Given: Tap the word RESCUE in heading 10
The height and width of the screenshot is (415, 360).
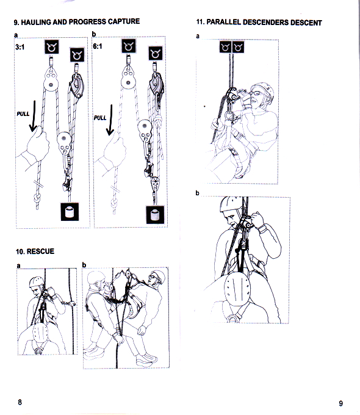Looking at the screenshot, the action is [x=40, y=251].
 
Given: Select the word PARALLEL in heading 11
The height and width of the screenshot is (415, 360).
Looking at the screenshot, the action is [x=224, y=22].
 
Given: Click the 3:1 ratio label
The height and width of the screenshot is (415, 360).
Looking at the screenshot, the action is [x=20, y=47].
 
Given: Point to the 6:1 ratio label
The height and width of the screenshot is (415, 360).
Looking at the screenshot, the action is [x=98, y=46].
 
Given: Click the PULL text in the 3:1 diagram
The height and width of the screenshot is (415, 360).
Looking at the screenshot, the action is [x=23, y=114].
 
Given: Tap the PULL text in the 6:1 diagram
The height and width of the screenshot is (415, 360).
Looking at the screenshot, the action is [x=100, y=118].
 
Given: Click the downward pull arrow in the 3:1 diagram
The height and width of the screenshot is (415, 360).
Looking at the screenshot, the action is [x=34, y=116].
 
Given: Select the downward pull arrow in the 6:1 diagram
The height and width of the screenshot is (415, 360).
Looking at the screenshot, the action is [x=110, y=120].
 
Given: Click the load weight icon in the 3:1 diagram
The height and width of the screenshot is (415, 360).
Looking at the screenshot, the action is [x=70, y=212].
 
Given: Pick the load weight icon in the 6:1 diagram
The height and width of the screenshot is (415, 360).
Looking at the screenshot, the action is [x=155, y=215].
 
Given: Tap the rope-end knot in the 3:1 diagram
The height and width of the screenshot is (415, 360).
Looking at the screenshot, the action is [x=37, y=198].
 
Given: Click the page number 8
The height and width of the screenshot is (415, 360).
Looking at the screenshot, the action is [x=20, y=402].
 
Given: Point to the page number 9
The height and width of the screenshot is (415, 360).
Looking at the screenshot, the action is [x=341, y=403].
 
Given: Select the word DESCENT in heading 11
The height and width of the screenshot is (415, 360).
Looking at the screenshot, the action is [x=306, y=23].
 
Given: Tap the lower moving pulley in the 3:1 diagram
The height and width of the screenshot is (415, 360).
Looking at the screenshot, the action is [x=64, y=142].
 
